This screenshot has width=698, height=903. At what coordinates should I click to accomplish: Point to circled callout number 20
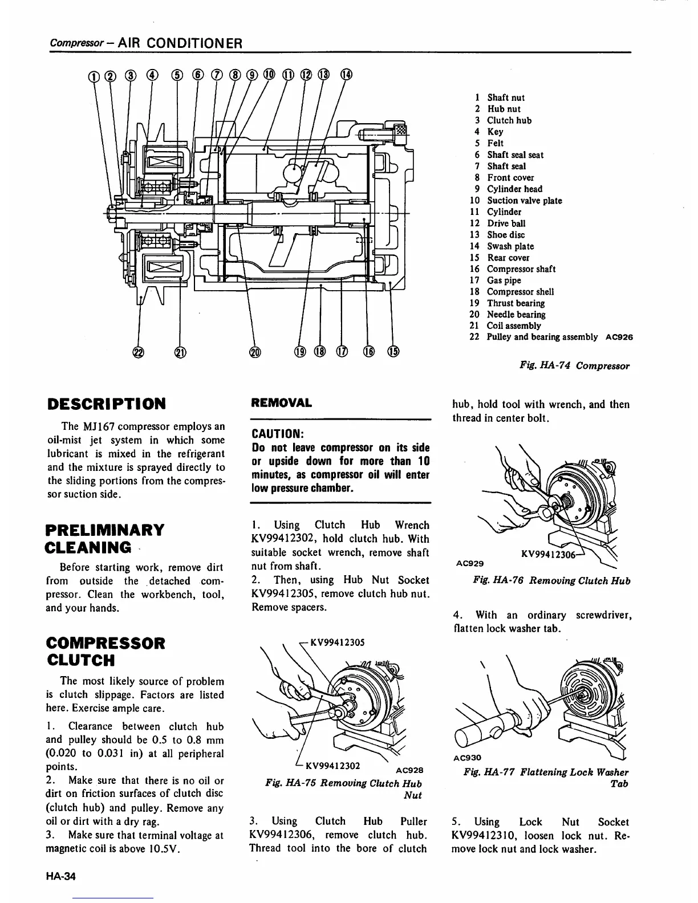[x=255, y=352]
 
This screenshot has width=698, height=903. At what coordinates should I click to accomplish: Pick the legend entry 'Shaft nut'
[x=505, y=97]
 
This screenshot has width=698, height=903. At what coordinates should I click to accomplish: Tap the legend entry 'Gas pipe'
[x=504, y=280]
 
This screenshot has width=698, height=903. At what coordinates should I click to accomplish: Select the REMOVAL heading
[x=282, y=403]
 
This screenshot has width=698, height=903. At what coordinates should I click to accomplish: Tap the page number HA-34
[x=61, y=877]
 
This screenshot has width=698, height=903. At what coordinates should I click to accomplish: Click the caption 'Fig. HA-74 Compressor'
[x=574, y=365]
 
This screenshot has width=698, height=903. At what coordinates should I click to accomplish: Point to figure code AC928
[x=409, y=770]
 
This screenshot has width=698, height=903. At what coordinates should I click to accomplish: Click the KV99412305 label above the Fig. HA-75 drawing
[x=336, y=642]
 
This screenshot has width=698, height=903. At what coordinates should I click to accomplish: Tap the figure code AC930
[x=468, y=758]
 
